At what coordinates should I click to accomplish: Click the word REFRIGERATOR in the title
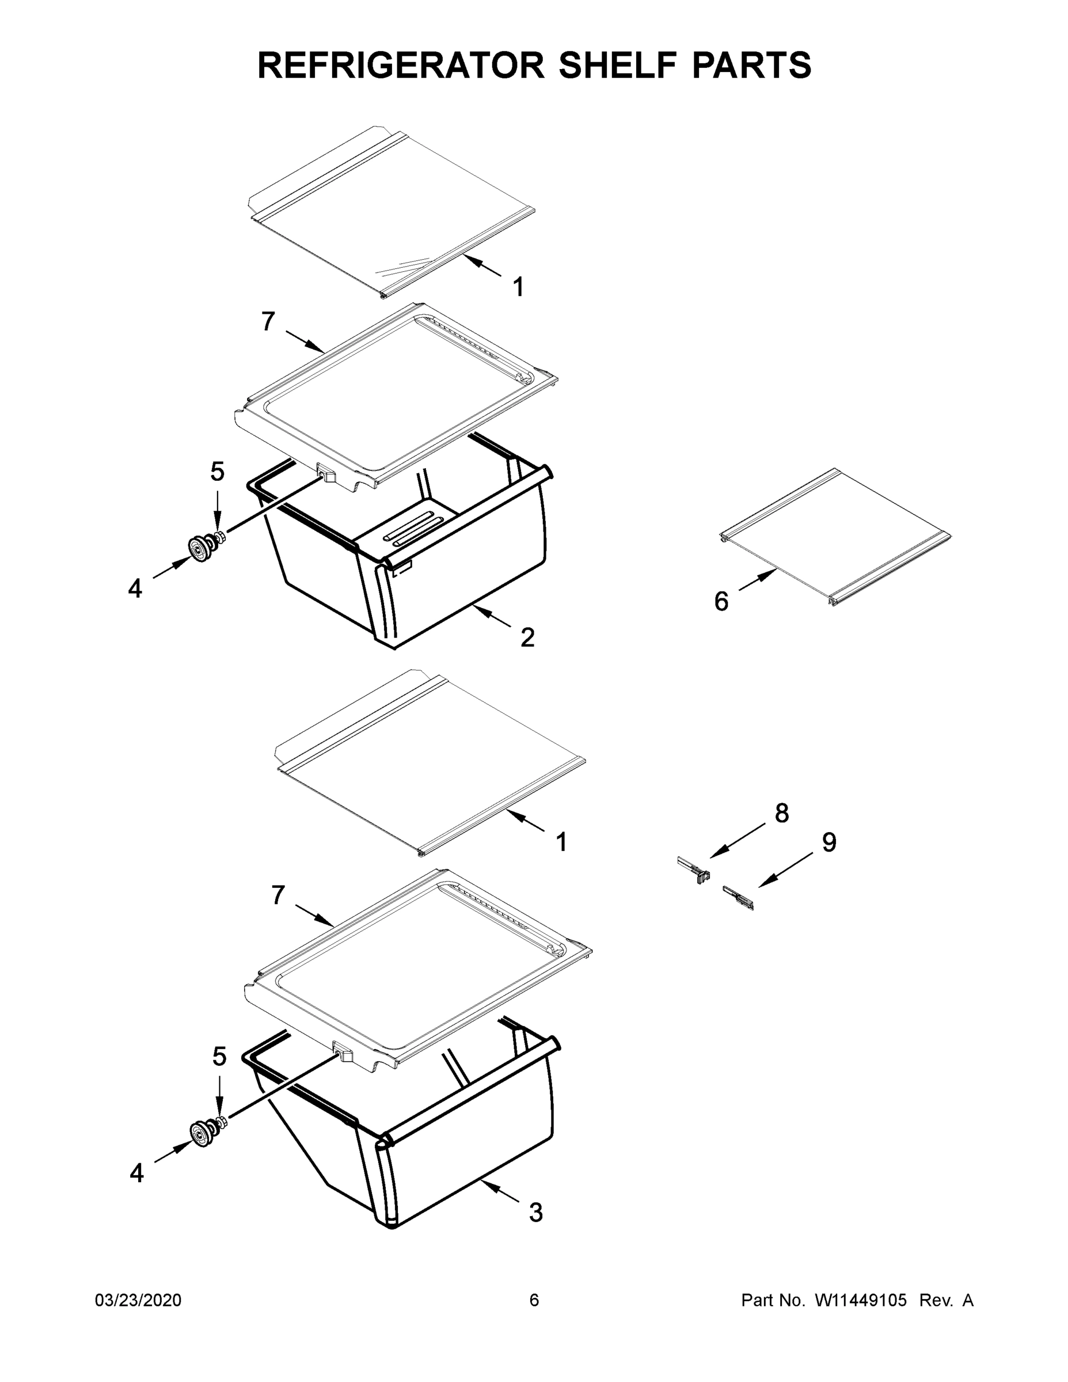tap(401, 65)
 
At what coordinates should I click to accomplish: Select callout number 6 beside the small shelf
tap(721, 601)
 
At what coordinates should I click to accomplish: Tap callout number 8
tap(782, 813)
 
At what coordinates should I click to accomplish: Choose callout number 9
tap(829, 842)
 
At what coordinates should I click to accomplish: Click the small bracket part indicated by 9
tap(738, 897)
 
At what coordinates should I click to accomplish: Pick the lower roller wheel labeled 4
tap(203, 1132)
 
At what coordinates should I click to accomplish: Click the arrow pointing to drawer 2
tap(492, 616)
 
